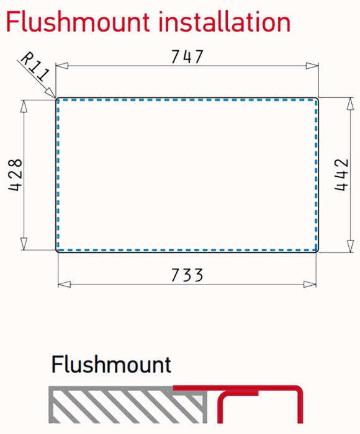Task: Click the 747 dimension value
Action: pyautogui.click(x=187, y=56)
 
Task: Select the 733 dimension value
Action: pyautogui.click(x=187, y=275)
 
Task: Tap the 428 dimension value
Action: pyautogui.click(x=16, y=175)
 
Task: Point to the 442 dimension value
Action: pyautogui.click(x=341, y=174)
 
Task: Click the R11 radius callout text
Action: pyautogui.click(x=35, y=66)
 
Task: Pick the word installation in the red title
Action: pyautogui.click(x=225, y=22)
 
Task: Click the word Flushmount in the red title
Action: pyautogui.click(x=78, y=22)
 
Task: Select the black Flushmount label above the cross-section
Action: pyautogui.click(x=111, y=365)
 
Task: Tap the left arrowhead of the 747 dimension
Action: pyautogui.click(x=62, y=66)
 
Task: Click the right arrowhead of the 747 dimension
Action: pyautogui.click(x=312, y=66)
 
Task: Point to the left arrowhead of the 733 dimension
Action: pyautogui.click(x=64, y=284)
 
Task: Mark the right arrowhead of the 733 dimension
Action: pyautogui.click(x=310, y=284)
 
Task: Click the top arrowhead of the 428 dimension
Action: pyautogui.click(x=24, y=106)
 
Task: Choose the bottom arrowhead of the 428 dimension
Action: pyautogui.click(x=24, y=244)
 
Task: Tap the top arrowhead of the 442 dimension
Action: pyautogui.click(x=351, y=104)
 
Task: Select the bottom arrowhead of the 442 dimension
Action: pyautogui.click(x=351, y=246)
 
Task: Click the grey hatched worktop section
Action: pyautogui.click(x=128, y=405)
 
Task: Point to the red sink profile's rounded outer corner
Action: pyautogui.click(x=298, y=390)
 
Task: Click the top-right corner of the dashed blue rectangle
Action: pyautogui.click(x=316, y=100)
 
